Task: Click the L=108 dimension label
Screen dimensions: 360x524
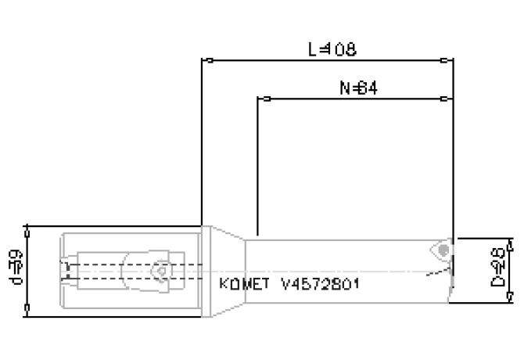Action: [332, 49]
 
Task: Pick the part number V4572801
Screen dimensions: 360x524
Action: [320, 283]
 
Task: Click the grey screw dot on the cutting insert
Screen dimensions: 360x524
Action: [443, 250]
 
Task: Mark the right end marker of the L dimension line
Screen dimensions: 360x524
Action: [448, 59]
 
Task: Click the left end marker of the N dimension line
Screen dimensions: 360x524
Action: [261, 99]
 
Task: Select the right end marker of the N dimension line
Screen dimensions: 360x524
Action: [448, 99]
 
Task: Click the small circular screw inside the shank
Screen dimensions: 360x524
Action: [162, 271]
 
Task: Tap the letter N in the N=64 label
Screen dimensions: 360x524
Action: [344, 89]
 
